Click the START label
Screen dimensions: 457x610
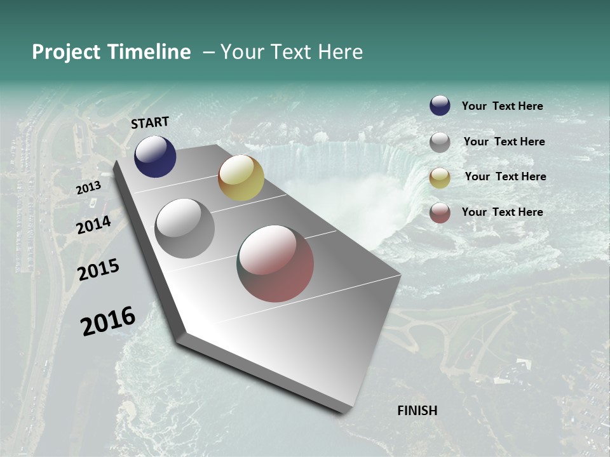150,123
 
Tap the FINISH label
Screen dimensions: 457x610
417,411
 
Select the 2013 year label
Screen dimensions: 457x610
88,188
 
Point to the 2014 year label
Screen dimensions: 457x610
94,225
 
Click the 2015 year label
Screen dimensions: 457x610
98,270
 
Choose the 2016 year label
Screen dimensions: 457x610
108,321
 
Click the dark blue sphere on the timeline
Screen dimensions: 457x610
155,157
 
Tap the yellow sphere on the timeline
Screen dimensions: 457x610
241,178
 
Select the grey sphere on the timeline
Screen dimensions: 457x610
185,228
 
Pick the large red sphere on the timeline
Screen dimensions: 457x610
276,263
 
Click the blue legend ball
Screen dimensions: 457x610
440,106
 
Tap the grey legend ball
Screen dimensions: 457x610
440,142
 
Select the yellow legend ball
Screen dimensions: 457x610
440,178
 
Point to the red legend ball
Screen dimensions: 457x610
440,213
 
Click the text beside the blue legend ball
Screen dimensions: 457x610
502,106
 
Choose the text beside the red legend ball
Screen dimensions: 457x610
502,212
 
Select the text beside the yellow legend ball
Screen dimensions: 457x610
505,176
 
